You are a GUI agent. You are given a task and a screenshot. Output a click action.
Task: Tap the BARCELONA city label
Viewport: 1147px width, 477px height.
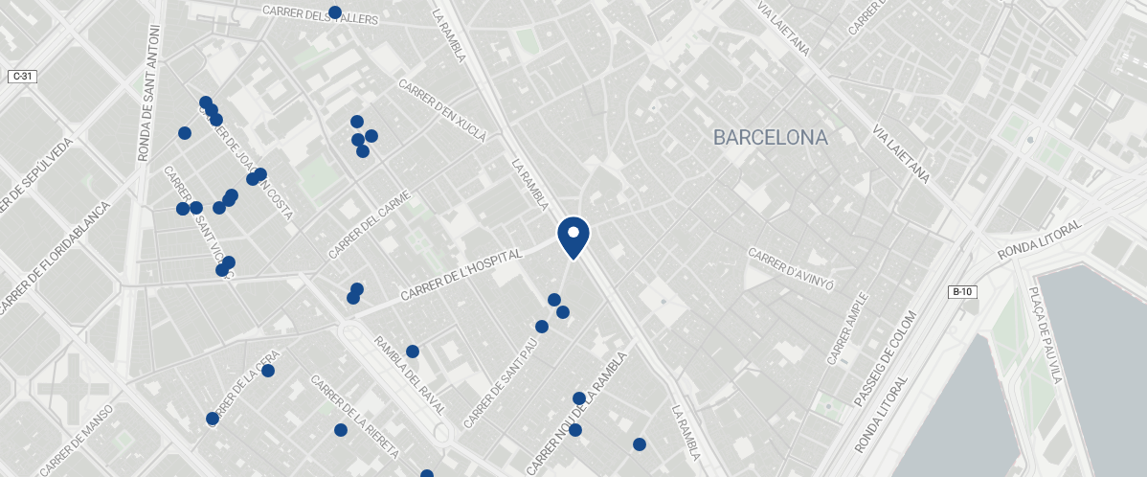tap(770, 138)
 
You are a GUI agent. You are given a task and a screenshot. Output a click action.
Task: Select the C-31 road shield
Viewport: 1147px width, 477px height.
tap(22, 76)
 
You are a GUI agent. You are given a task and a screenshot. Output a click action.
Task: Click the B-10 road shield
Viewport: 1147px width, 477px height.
tap(962, 291)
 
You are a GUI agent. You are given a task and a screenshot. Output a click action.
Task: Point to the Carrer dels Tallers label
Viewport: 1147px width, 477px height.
tap(320, 14)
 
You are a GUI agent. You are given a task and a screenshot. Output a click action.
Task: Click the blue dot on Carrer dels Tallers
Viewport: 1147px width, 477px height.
tap(335, 12)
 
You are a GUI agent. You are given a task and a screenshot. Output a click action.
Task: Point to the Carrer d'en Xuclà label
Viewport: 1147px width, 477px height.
tap(441, 108)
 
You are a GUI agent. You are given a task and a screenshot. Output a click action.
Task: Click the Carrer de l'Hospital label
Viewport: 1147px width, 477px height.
tap(461, 276)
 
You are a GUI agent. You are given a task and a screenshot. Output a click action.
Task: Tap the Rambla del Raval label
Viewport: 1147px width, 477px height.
tap(409, 375)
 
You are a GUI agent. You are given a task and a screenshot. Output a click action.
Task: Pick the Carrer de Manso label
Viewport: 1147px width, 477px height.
tap(77, 440)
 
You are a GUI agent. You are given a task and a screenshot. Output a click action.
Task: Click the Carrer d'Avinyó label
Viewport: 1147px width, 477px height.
tap(792, 270)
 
